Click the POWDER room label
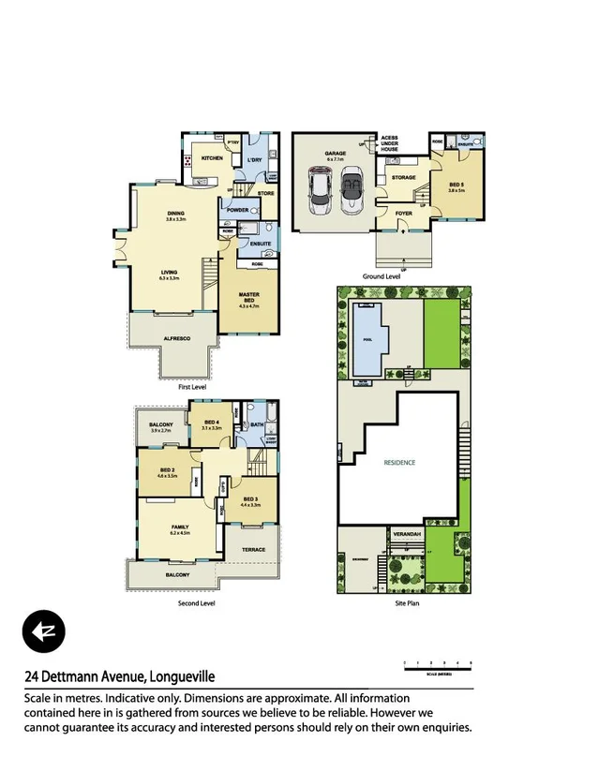[238, 210]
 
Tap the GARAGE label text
[335, 154]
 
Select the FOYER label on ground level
[403, 213]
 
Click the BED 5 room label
[457, 185]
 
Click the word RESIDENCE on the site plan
[399, 463]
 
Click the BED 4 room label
[211, 423]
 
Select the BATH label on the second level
[256, 424]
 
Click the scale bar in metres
[437, 666]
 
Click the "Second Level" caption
[196, 604]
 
